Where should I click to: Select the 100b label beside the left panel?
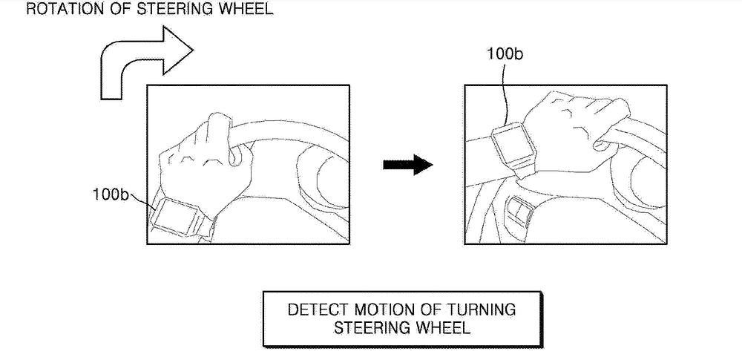(x=110, y=194)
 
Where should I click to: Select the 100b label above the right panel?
(x=504, y=53)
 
